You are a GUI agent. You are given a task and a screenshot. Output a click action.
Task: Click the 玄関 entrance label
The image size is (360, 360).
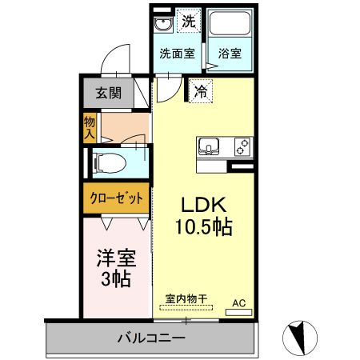click(109, 93)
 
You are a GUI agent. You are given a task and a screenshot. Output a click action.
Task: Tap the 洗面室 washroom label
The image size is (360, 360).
click(176, 55)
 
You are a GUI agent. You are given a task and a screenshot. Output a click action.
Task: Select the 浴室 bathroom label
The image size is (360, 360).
click(230, 55)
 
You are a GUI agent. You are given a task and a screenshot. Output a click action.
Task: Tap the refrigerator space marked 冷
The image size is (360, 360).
click(201, 92)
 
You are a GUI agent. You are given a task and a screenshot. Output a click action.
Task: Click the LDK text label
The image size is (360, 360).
click(203, 203)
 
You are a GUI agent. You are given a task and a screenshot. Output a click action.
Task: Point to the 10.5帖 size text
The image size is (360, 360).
click(204, 227)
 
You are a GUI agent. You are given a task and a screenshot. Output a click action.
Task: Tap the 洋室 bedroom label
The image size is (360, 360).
click(116, 258)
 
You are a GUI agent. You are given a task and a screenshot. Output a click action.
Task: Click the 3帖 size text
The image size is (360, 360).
click(116, 280)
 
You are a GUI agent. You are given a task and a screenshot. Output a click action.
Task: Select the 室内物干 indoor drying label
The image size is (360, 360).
click(186, 299)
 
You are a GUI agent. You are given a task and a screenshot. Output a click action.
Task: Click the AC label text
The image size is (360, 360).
click(238, 302)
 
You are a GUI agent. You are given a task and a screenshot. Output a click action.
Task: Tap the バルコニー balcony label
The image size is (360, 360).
click(150, 338)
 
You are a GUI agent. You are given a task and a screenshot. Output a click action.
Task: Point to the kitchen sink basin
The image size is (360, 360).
click(210, 147)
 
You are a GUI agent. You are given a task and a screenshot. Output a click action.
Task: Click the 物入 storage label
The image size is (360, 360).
click(90, 128)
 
